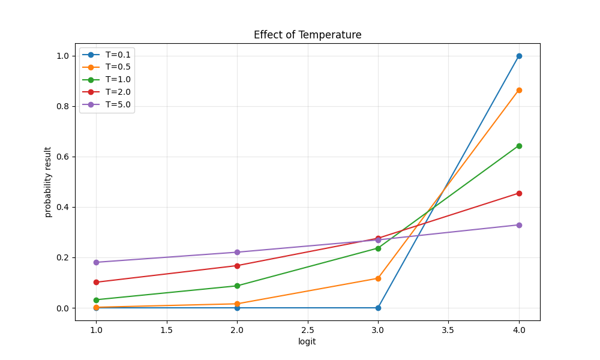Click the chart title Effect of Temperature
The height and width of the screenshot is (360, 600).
tap(307, 35)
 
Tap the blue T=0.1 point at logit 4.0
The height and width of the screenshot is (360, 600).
tap(519, 56)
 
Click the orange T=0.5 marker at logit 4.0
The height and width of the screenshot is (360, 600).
tap(519, 90)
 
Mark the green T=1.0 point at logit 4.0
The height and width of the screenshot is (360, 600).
tap(519, 146)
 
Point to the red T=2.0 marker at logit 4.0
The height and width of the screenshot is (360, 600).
tap(519, 193)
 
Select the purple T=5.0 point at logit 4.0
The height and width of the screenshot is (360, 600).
tap(519, 225)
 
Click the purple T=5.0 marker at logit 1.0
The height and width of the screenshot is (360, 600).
tap(96, 262)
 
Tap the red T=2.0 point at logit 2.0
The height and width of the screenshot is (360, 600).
tap(237, 266)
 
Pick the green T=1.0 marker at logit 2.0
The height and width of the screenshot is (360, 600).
tap(237, 286)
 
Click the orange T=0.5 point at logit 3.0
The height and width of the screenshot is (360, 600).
tap(378, 278)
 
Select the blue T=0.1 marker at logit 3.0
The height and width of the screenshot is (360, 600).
tap(378, 308)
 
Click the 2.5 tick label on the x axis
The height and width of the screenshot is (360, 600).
tap(307, 330)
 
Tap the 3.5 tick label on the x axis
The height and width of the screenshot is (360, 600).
tap(448, 330)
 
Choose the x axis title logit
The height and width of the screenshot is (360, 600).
tap(307, 341)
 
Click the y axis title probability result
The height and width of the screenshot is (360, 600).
tap(48, 182)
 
